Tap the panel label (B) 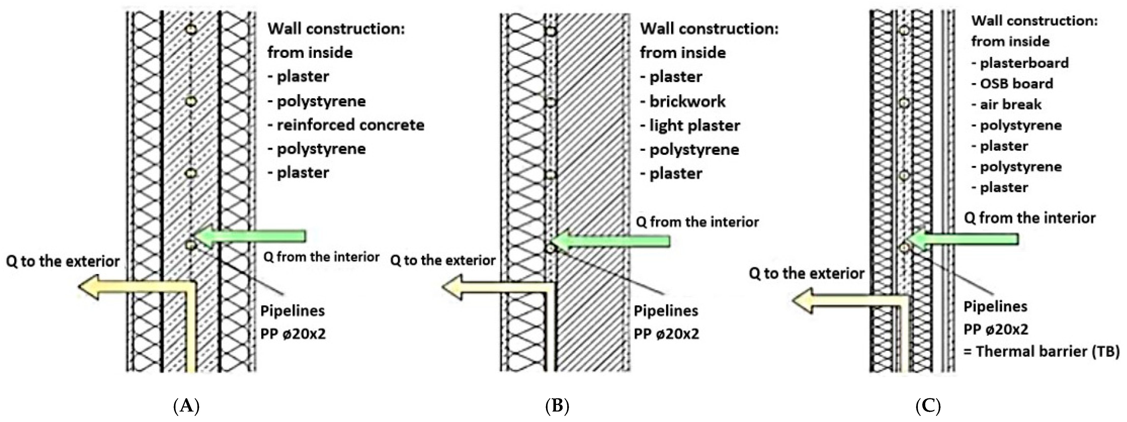[x=557, y=406]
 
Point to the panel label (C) [x=928, y=406]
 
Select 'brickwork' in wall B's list [x=687, y=101]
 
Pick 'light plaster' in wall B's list [x=694, y=126]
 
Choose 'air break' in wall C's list [x=1010, y=104]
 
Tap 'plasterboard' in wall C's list [x=1024, y=63]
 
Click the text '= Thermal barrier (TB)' [x=1041, y=351]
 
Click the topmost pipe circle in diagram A [x=191, y=29]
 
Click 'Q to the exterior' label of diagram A [x=63, y=261]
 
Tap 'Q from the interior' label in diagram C [x=1029, y=218]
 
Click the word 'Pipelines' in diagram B [x=666, y=311]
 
